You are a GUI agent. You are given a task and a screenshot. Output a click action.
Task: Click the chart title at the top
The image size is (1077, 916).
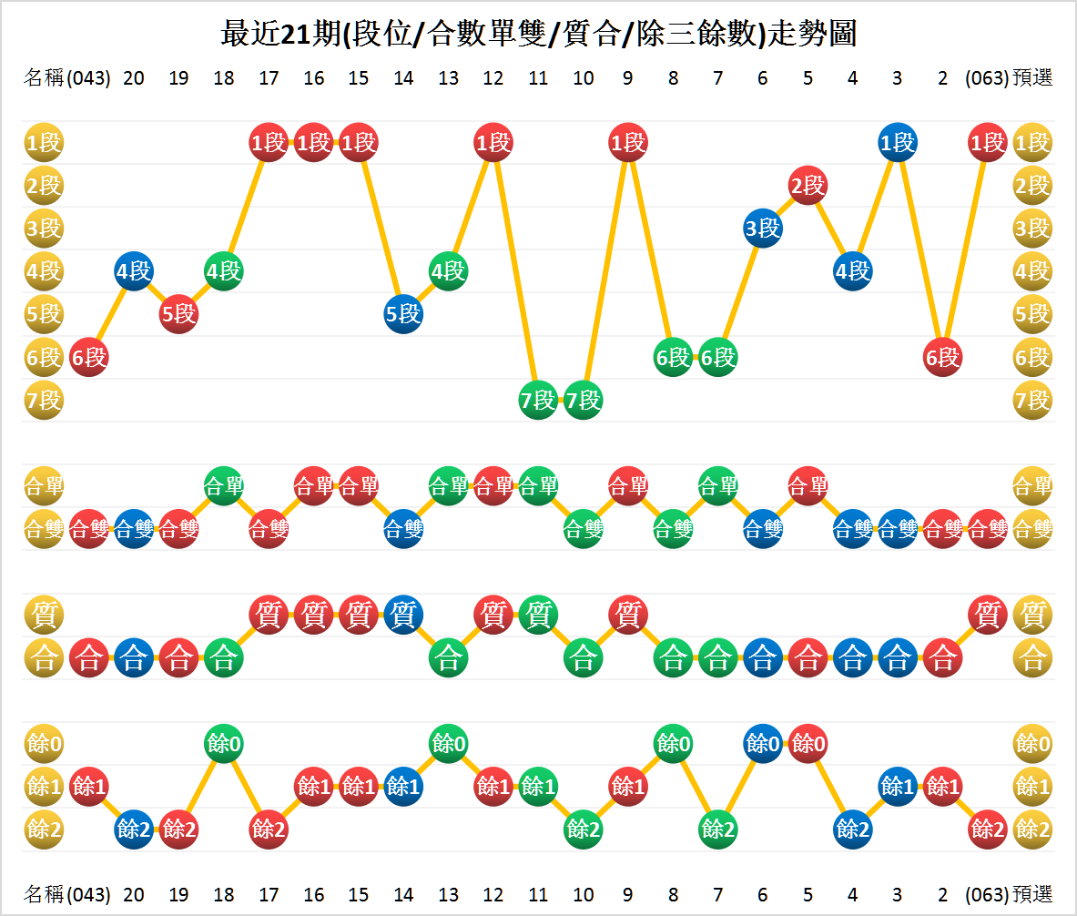coord(538,34)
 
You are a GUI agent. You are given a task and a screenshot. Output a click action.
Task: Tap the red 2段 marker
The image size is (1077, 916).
coord(807,186)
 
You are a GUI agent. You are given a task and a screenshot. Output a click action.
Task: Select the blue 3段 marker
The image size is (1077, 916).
coord(762,229)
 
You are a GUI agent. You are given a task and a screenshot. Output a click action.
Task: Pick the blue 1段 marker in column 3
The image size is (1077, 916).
coord(897,142)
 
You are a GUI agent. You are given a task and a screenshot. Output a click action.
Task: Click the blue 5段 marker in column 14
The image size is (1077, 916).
coord(402,314)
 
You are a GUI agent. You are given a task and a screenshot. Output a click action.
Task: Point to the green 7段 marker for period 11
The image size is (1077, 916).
coord(538,401)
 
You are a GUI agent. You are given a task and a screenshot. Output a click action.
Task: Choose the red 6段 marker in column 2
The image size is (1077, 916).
coord(942,358)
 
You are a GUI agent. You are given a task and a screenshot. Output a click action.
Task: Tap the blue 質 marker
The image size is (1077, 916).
coord(402,616)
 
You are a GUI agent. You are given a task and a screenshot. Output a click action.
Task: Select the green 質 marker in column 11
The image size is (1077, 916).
coord(538,616)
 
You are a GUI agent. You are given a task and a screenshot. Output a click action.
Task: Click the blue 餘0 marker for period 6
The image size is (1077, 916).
coord(762,744)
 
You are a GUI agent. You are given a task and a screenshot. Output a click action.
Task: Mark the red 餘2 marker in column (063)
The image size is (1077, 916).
coord(987,829)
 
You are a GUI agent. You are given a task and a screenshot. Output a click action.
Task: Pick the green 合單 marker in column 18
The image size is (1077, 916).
coord(223,485)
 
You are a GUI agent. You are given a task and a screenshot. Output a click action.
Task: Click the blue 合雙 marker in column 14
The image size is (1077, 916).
coord(402,528)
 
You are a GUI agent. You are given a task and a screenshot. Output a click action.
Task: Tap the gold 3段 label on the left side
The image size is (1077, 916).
coord(43,229)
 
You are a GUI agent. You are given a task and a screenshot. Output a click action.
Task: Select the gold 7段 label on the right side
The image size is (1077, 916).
coord(1032,401)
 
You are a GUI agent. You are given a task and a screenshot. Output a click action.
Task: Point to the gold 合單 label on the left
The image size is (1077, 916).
coord(43,485)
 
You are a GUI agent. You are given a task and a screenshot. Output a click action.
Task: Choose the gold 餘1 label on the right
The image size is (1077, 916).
coord(1032,786)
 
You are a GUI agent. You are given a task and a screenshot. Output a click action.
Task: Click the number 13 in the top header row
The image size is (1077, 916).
coord(448,78)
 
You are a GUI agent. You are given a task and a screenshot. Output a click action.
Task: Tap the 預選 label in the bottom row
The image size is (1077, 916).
coord(1032,894)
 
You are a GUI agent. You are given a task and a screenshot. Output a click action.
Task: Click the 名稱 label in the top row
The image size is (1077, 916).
coord(43,78)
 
